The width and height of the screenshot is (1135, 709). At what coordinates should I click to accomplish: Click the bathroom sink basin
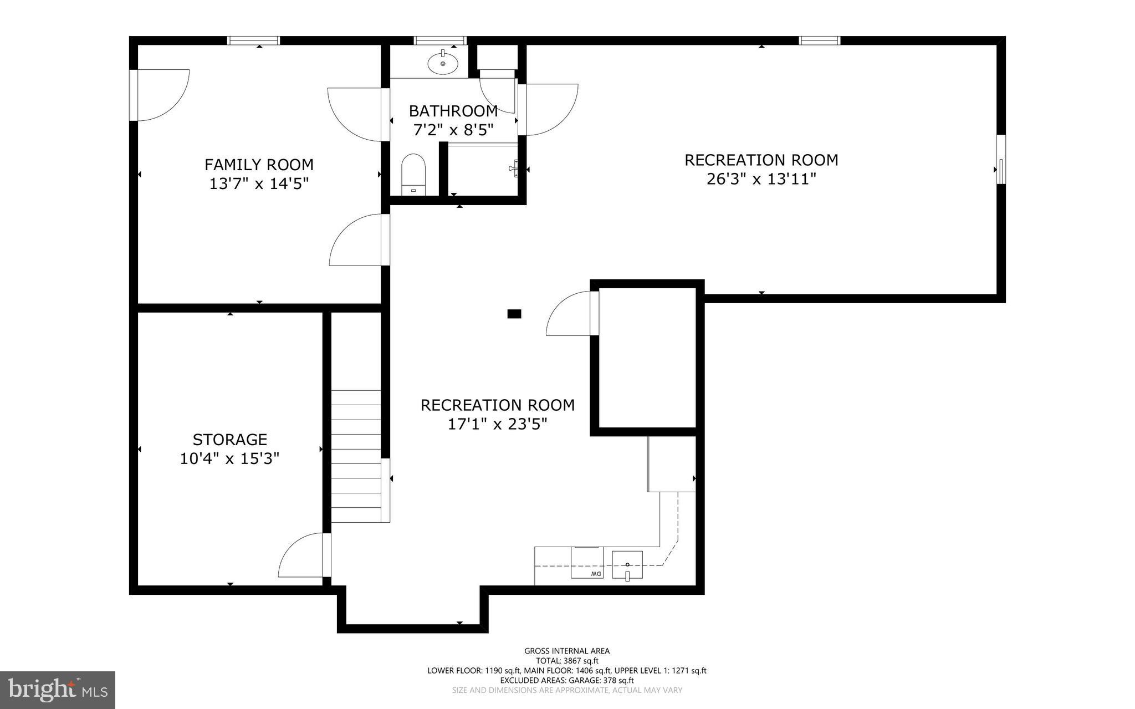pyautogui.click(x=443, y=63)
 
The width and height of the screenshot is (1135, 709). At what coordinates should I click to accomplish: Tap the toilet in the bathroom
pyautogui.click(x=413, y=174)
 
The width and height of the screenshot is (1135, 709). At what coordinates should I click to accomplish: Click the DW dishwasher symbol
pyautogui.click(x=587, y=563)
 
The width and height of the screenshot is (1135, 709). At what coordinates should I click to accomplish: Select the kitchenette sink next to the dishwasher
pyautogui.click(x=627, y=564)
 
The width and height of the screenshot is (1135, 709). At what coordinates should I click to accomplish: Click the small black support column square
pyautogui.click(x=514, y=314)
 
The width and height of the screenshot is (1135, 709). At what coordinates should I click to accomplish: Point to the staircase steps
pyautogui.click(x=356, y=456)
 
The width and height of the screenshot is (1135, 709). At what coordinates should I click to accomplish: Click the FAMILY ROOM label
pyautogui.click(x=259, y=165)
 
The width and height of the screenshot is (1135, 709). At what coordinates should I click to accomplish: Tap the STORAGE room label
pyautogui.click(x=230, y=440)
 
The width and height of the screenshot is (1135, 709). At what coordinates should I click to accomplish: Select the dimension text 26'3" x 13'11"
pyautogui.click(x=761, y=179)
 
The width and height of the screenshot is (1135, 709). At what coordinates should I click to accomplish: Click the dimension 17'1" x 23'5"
pyautogui.click(x=497, y=424)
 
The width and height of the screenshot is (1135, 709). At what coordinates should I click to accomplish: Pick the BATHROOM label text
pyautogui.click(x=453, y=111)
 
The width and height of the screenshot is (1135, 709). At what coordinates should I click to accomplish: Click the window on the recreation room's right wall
pyautogui.click(x=1001, y=160)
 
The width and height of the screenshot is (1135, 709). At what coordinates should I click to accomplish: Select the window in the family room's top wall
pyautogui.click(x=253, y=40)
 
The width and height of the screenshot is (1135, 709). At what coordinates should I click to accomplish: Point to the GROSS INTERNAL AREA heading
pyautogui.click(x=567, y=651)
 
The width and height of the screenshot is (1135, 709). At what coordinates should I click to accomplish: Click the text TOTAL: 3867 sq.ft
pyautogui.click(x=567, y=661)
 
